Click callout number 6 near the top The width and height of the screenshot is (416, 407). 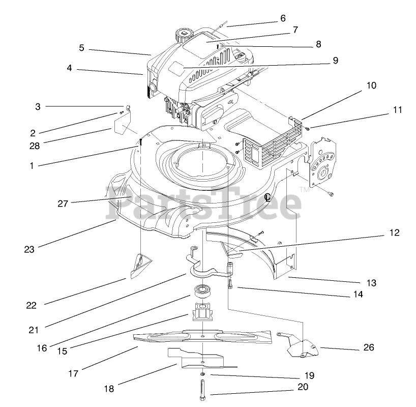pyautogui.click(x=283, y=18)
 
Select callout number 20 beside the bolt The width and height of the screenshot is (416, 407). pyautogui.click(x=303, y=387)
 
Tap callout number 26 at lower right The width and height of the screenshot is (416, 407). pyautogui.click(x=369, y=347)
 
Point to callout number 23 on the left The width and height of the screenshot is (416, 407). pyautogui.click(x=28, y=249)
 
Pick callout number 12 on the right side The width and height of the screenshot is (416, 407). pyautogui.click(x=395, y=233)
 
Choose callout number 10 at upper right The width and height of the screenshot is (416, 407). pyautogui.click(x=371, y=85)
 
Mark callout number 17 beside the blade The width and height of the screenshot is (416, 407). pyautogui.click(x=73, y=373)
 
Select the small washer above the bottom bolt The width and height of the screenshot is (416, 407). pyautogui.click(x=202, y=375)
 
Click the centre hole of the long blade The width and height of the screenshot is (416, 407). pyautogui.click(x=202, y=335)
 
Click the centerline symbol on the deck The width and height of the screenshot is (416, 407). pyautogui.click(x=268, y=197)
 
